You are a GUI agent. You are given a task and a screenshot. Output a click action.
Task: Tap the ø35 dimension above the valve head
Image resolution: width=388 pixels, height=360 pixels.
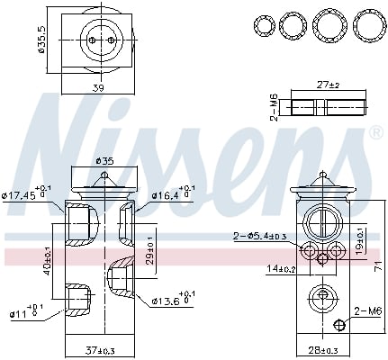pos(106,161)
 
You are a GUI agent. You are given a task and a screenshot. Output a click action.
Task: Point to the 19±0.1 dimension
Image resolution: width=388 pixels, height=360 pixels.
pos(359,241)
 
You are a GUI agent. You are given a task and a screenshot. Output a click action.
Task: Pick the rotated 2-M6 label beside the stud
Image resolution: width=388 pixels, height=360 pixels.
pos(273,106)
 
